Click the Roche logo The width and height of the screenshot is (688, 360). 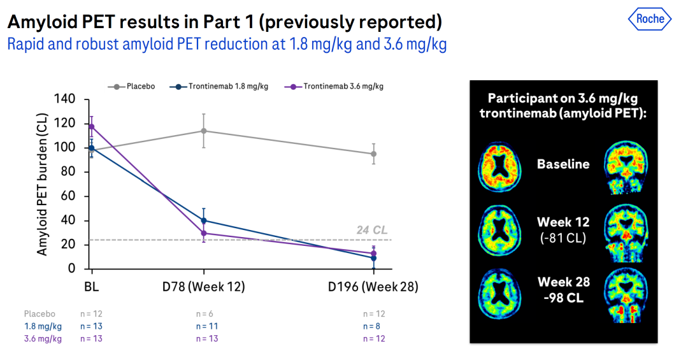(x=650, y=18)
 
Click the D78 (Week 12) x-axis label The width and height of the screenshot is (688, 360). (x=204, y=287)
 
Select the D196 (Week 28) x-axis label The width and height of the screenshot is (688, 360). (x=373, y=287)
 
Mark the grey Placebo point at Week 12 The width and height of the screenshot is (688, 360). (x=204, y=131)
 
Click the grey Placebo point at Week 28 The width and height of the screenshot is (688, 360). (x=374, y=154)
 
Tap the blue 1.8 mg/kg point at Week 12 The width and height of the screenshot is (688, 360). (x=204, y=220)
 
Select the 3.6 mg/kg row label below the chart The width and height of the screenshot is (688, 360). (x=43, y=338)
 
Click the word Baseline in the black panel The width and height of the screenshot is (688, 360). (x=563, y=164)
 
